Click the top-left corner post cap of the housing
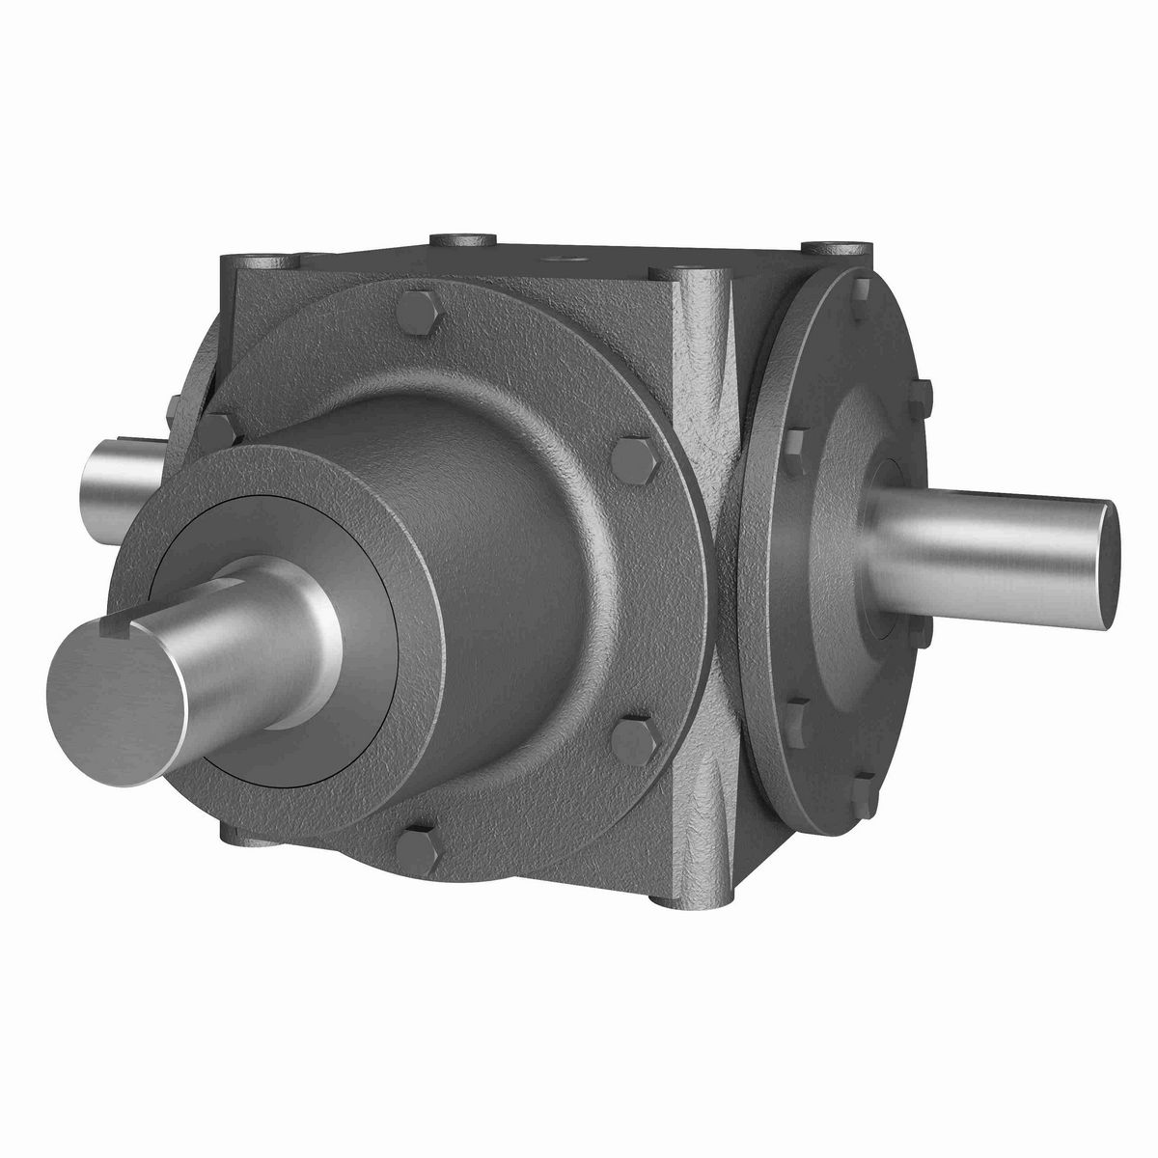pos(254,262)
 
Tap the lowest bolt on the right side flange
pos(864,793)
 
